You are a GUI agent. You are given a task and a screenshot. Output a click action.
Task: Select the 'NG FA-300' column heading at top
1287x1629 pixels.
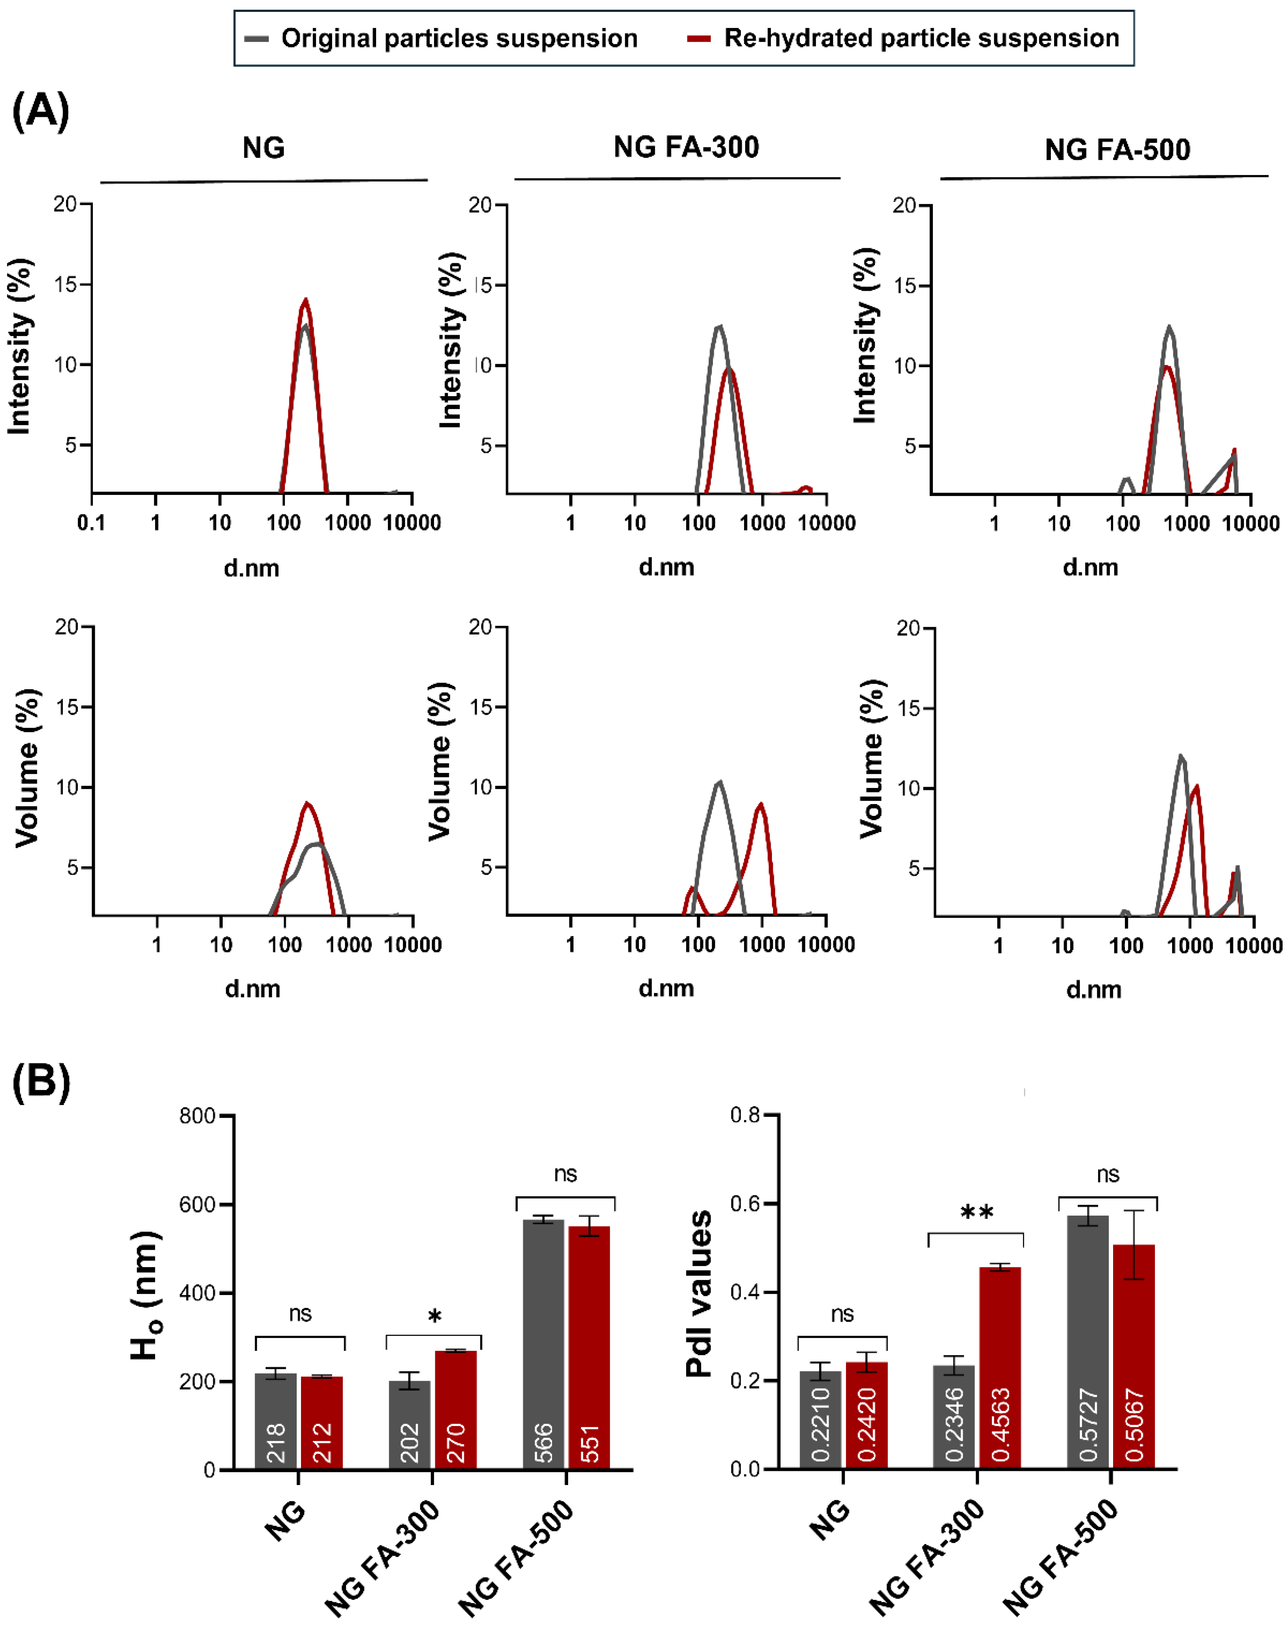(x=686, y=147)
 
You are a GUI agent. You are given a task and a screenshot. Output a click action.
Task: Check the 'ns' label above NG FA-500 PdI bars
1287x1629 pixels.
(x=1108, y=1174)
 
